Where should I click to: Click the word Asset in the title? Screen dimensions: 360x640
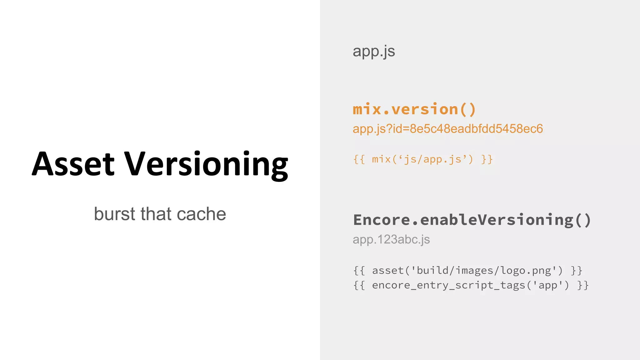click(x=73, y=164)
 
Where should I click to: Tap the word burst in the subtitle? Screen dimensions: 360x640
click(x=115, y=214)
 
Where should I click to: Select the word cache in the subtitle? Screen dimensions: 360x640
click(x=201, y=214)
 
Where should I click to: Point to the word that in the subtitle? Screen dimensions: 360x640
click(x=156, y=214)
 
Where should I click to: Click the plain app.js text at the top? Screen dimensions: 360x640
click(x=374, y=52)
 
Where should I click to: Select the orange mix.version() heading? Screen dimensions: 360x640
click(x=414, y=109)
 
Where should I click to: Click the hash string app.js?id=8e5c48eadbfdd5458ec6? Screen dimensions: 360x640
click(x=447, y=129)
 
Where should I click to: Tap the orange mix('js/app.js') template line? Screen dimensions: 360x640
click(x=423, y=159)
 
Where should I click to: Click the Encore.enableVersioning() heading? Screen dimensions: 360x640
click(x=472, y=220)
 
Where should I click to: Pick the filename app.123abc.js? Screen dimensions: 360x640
click(x=391, y=240)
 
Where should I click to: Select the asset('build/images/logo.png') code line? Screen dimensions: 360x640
click(x=467, y=270)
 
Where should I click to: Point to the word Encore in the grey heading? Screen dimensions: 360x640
click(x=382, y=220)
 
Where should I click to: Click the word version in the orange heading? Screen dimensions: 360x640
click(x=425, y=109)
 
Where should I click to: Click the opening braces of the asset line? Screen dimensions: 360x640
click(x=359, y=271)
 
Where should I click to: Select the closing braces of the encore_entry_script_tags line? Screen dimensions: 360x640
click(x=583, y=285)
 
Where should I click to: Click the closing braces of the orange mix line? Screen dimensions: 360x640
click(x=487, y=159)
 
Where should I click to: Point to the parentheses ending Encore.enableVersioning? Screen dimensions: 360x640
click(x=583, y=220)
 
